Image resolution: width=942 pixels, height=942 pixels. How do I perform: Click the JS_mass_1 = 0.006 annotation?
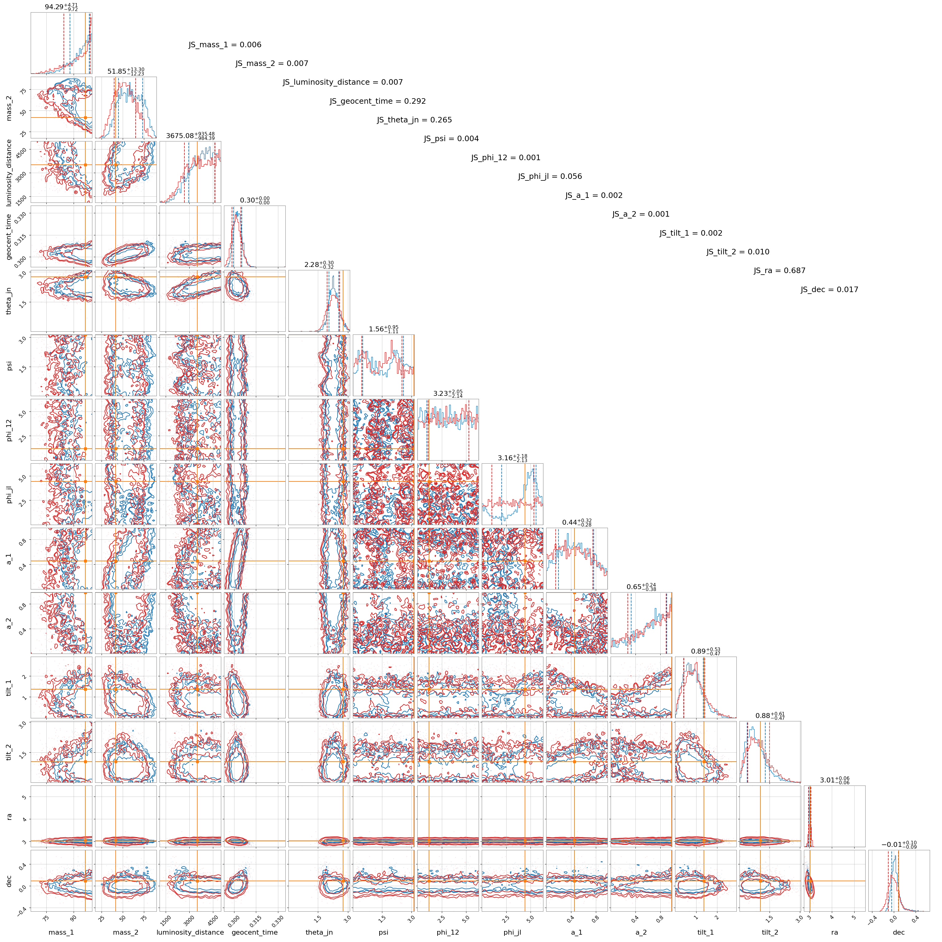pyautogui.click(x=225, y=45)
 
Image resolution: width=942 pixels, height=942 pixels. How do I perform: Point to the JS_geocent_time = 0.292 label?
pyautogui.click(x=378, y=102)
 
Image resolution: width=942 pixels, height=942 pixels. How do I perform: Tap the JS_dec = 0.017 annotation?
pyautogui.click(x=829, y=290)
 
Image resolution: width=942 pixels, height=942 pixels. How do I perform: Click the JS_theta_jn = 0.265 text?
pyautogui.click(x=415, y=120)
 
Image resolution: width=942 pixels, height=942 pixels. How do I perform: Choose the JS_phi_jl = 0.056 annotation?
pyautogui.click(x=550, y=176)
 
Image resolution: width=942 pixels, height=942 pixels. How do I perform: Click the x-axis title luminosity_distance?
pyautogui.click(x=190, y=932)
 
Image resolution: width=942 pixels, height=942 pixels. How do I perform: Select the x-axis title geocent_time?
pyautogui.click(x=254, y=932)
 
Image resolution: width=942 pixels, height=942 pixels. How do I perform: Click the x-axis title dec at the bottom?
pyautogui.click(x=899, y=932)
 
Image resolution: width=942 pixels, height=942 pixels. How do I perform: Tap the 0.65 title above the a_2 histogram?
pyautogui.click(x=641, y=587)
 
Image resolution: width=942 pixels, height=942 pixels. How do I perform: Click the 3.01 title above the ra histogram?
pyautogui.click(x=834, y=780)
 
